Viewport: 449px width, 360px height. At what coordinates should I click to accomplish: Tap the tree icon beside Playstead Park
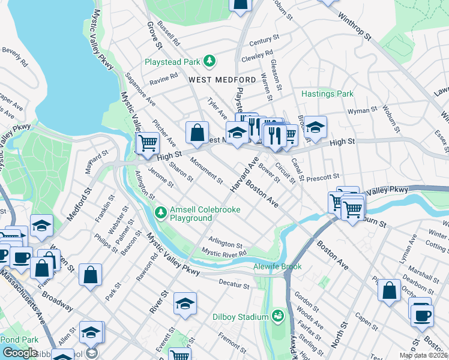click(209, 61)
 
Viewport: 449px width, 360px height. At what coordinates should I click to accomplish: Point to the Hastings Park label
click(327, 94)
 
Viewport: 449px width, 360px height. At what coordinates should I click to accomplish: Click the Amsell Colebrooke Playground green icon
click(160, 212)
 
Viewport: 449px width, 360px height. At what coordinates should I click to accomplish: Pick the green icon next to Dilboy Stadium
click(277, 315)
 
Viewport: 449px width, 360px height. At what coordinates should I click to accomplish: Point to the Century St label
click(265, 40)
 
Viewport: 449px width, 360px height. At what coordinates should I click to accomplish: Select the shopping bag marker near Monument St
click(197, 133)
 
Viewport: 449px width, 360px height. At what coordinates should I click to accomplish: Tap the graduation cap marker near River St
click(185, 304)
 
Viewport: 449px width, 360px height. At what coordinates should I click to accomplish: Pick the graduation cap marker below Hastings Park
click(315, 127)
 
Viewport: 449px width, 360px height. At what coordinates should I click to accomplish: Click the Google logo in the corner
click(20, 353)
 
